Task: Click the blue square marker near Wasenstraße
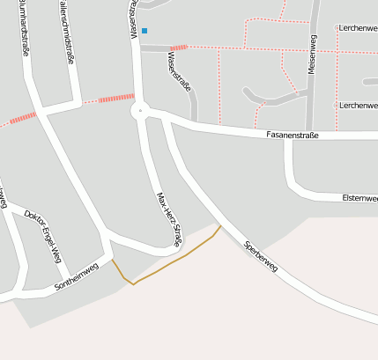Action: [x=145, y=31]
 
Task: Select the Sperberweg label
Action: [x=261, y=255]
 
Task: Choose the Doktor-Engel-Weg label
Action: [x=43, y=236]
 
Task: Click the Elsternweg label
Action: [x=359, y=199]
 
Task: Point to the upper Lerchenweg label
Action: [x=358, y=28]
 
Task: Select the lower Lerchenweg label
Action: [x=358, y=105]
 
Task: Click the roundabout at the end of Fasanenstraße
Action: [x=139, y=111]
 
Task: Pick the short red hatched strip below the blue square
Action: [x=179, y=47]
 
